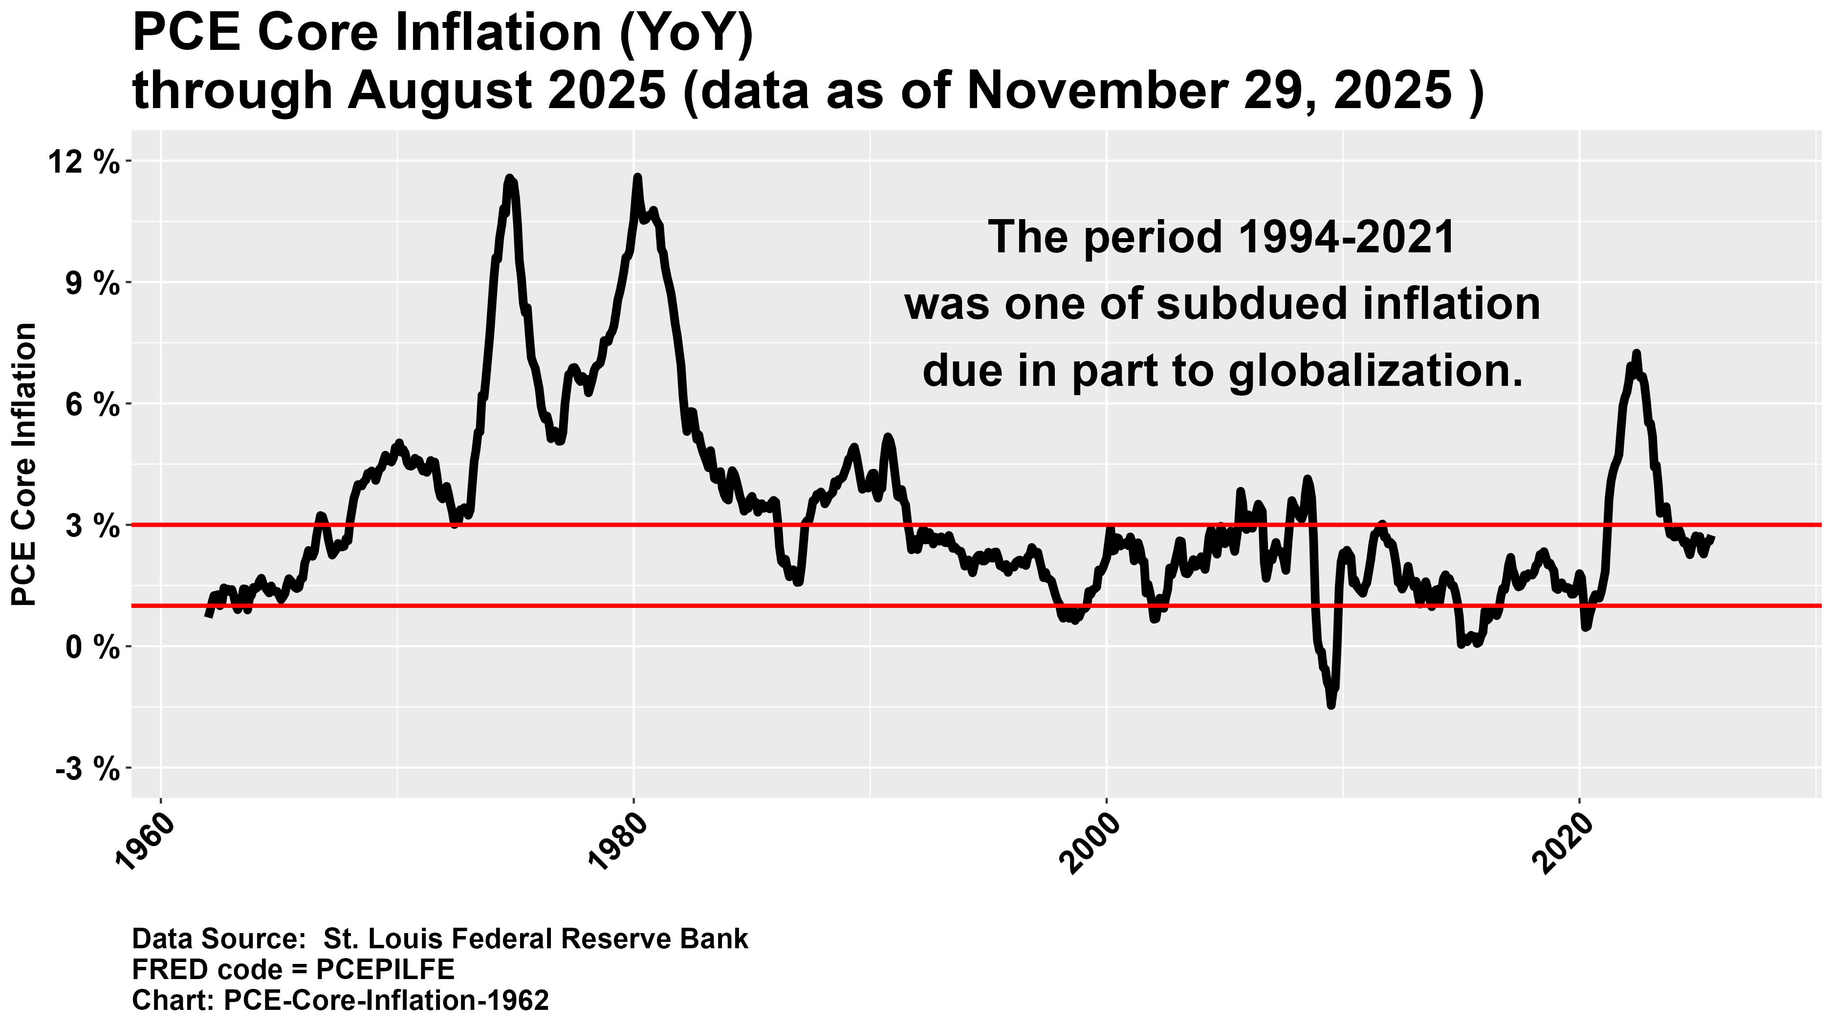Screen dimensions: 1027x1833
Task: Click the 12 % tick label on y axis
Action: point(84,163)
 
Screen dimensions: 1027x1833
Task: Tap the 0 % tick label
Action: point(90,647)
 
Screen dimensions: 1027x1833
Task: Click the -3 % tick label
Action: point(86,769)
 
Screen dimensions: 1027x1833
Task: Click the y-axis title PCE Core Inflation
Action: point(25,464)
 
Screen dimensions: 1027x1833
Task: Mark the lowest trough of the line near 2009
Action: point(1331,705)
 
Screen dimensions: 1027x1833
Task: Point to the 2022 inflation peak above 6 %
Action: point(1636,353)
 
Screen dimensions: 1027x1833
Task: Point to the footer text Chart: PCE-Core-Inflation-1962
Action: point(340,1000)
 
